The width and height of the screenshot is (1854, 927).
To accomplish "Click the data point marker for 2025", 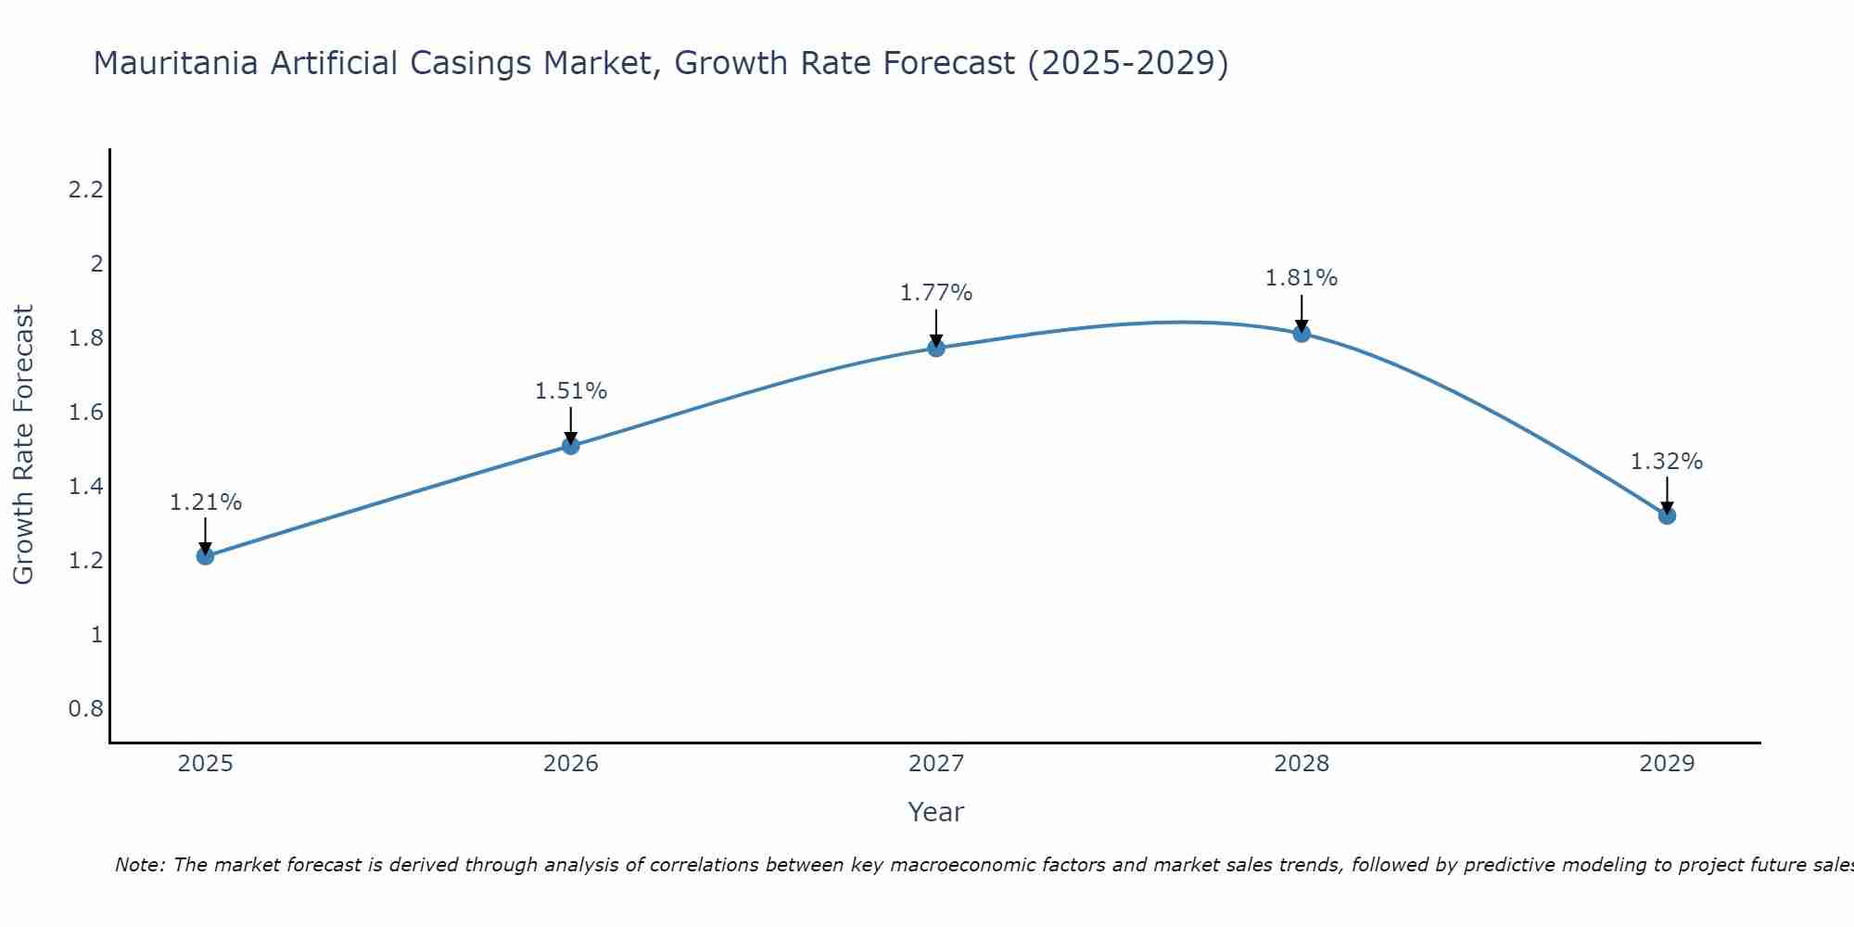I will point(205,556).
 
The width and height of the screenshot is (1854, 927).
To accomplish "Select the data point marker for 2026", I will point(570,446).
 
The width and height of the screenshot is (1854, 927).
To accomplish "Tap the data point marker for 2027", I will point(935,348).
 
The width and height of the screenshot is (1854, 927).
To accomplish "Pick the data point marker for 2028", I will point(1302,333).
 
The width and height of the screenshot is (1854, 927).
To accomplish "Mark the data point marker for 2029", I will point(1667,515).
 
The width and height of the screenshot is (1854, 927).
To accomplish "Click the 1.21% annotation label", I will point(205,502).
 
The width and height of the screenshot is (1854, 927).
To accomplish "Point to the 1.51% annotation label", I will point(570,391).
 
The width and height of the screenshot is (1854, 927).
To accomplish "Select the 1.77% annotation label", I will point(935,293).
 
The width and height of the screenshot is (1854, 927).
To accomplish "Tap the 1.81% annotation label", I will point(1302,278).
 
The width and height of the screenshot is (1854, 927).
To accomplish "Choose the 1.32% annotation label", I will point(1667,462).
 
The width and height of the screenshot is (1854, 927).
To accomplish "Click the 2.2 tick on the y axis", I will point(85,190).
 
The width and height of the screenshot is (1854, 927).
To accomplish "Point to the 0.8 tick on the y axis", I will point(85,709).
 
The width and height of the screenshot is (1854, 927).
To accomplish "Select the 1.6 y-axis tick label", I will point(85,413).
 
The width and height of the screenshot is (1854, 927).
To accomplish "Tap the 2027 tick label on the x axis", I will point(935,764).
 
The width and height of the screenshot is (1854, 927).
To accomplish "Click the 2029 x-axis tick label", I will point(1667,764).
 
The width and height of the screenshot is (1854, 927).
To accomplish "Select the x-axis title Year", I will point(935,812).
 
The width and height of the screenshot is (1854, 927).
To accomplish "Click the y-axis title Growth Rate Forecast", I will point(23,445).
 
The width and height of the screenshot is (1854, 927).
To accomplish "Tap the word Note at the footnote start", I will point(139,865).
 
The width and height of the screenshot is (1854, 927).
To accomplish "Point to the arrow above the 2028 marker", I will point(1302,313).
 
